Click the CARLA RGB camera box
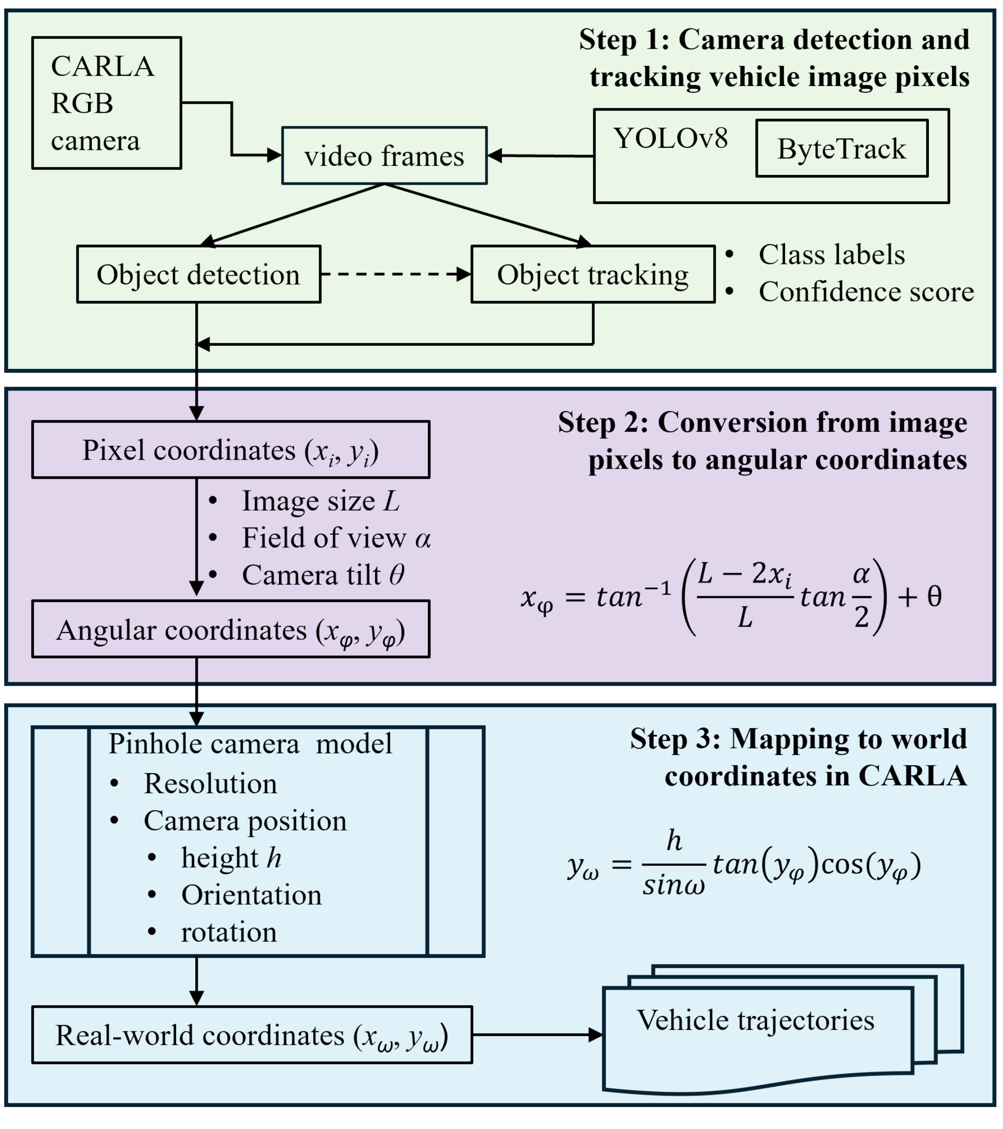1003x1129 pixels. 107,103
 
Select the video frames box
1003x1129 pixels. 384,156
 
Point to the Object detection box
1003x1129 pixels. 198,275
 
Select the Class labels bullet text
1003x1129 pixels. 831,255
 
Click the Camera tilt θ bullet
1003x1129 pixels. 323,575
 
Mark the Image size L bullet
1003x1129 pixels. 320,501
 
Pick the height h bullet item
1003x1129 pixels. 231,858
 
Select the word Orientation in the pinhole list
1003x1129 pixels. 251,895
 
